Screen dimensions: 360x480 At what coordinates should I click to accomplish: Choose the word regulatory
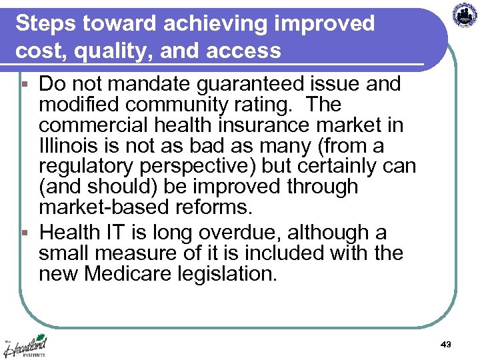coord(89,167)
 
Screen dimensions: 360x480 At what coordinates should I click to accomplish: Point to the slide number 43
coord(446,344)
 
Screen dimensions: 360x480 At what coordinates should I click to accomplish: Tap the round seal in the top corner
coord(465,15)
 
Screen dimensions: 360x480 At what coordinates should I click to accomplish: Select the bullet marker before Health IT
coord(25,233)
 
